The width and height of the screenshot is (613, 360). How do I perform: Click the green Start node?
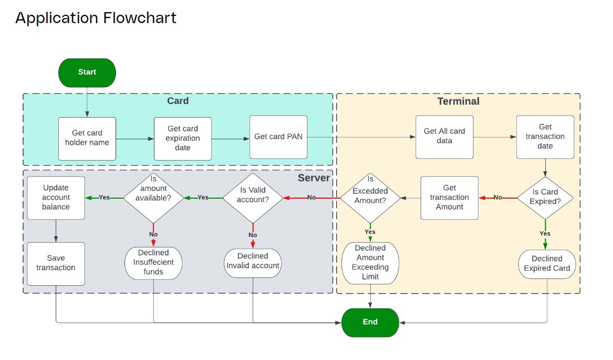pyautogui.click(x=87, y=73)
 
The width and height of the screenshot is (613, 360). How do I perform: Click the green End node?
pyautogui.click(x=370, y=322)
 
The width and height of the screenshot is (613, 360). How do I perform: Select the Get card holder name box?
pyautogui.click(x=87, y=138)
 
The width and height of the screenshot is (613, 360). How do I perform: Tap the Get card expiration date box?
pyautogui.click(x=183, y=138)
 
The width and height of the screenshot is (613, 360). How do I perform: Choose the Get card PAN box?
pyautogui.click(x=278, y=137)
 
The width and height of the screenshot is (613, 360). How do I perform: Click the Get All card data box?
pyautogui.click(x=444, y=137)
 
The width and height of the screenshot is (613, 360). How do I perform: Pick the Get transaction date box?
pyautogui.click(x=545, y=137)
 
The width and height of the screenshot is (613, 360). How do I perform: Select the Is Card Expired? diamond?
pyautogui.click(x=545, y=197)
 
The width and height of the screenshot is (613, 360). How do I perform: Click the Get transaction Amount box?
pyautogui.click(x=449, y=198)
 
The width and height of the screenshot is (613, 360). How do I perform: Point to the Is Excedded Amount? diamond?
pyautogui.click(x=370, y=198)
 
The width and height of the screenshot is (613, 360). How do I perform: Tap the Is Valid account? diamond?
pyautogui.click(x=253, y=198)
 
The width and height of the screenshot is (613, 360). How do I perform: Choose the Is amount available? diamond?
pyautogui.click(x=153, y=198)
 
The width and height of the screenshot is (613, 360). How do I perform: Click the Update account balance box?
pyautogui.click(x=56, y=198)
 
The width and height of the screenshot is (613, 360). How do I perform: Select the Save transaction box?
pyautogui.click(x=56, y=263)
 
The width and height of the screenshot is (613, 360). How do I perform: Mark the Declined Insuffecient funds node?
pyautogui.click(x=153, y=263)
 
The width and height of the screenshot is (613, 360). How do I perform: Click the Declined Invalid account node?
pyautogui.click(x=253, y=261)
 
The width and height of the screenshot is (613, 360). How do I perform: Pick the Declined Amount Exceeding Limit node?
pyautogui.click(x=370, y=263)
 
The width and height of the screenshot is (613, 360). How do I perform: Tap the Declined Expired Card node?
pyautogui.click(x=547, y=264)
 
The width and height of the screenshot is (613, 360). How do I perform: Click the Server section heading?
pyautogui.click(x=314, y=178)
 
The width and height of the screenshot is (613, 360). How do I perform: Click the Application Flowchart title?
pyautogui.click(x=96, y=18)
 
